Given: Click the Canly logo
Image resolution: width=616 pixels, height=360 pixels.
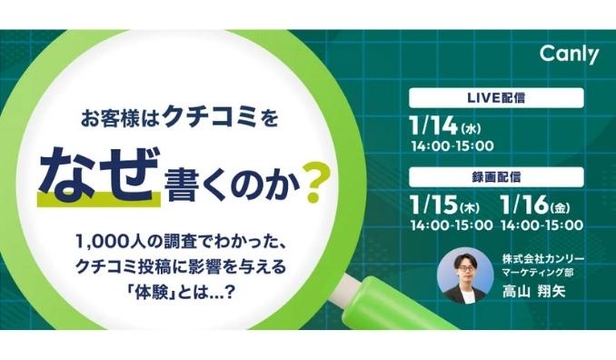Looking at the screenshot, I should pos(570,56).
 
